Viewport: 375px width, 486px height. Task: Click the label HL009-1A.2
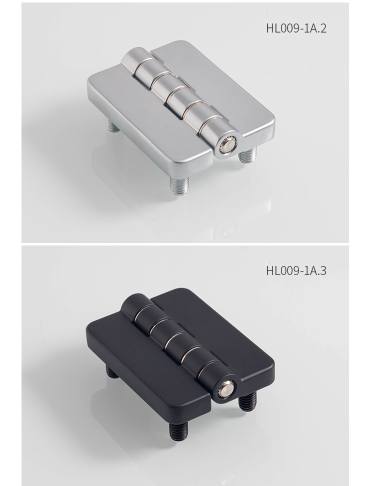click(296, 28)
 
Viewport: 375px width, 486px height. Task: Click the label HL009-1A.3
click(296, 270)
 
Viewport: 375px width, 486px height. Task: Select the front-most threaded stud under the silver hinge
click(179, 185)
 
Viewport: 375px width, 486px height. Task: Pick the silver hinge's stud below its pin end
click(248, 155)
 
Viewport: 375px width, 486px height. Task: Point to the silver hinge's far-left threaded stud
click(113, 124)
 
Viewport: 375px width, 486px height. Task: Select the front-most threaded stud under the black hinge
click(178, 430)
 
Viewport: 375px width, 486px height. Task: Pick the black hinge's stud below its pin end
click(247, 401)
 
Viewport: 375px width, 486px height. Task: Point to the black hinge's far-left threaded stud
click(112, 371)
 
